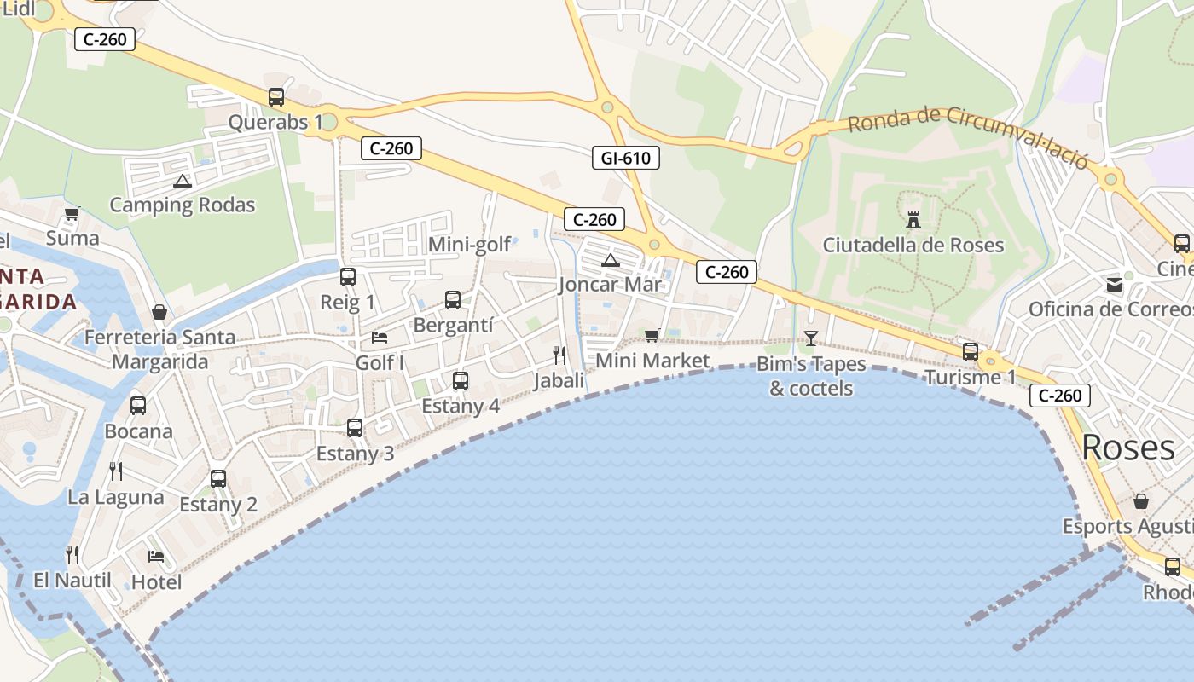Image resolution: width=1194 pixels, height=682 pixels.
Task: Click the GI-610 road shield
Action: [626, 158]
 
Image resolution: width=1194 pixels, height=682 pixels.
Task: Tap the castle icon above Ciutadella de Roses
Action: [913, 220]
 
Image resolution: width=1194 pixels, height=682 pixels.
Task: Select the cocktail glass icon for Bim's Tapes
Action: [810, 338]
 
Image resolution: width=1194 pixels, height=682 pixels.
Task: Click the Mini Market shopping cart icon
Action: [652, 335]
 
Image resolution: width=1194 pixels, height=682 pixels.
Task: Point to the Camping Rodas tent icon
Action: [182, 181]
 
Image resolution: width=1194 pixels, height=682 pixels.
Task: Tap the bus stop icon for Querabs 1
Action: [276, 97]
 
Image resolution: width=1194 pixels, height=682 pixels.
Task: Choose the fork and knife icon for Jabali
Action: [559, 355]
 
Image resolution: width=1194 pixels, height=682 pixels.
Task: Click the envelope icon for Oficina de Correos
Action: [1115, 284]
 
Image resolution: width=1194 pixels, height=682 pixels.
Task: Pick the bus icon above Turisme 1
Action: [971, 351]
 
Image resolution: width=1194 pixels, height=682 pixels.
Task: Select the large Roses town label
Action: [1128, 448]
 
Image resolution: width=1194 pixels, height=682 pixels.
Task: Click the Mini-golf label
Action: [469, 245]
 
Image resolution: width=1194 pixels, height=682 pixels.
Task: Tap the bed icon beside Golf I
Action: [380, 338]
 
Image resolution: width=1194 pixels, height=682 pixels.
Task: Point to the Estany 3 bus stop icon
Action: [355, 428]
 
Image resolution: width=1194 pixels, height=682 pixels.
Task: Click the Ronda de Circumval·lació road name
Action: [968, 136]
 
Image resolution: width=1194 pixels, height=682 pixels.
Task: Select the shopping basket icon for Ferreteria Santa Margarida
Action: [159, 312]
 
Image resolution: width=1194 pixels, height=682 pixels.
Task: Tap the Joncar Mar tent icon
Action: [610, 260]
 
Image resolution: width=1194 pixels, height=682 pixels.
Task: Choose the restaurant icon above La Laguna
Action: [116, 471]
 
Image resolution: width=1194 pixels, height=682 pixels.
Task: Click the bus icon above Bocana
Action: [138, 406]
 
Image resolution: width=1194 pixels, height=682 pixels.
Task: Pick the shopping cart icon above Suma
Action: [72, 213]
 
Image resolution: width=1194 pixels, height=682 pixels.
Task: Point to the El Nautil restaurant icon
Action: [72, 555]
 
